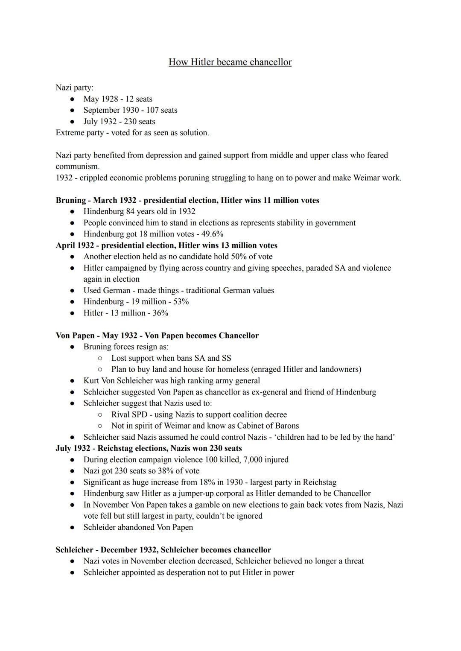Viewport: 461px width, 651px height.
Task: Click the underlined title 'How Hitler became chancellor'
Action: click(230, 62)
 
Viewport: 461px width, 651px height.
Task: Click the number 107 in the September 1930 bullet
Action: click(153, 110)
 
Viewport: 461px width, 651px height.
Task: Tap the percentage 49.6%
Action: click(215, 234)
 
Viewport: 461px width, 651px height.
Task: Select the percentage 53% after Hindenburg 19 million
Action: click(181, 301)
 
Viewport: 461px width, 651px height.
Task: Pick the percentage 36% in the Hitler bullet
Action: click(160, 313)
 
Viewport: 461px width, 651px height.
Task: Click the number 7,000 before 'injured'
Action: click(252, 460)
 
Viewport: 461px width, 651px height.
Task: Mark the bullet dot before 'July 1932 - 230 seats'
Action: click(73, 122)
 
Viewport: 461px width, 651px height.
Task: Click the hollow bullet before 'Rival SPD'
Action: click(100, 415)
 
